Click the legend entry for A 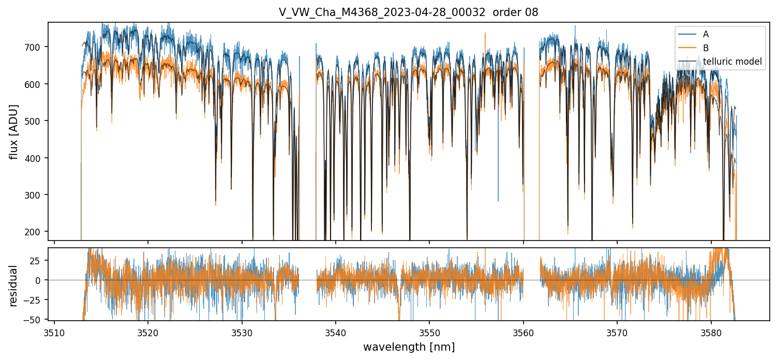706,35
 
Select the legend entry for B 706,48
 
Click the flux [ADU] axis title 14,131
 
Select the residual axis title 14,286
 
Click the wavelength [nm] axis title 409,347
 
